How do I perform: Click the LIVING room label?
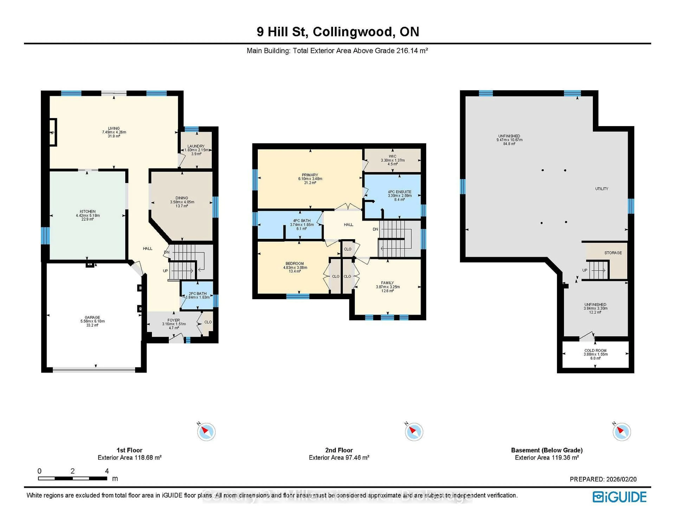click(x=114, y=128)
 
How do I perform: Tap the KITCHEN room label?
click(x=88, y=211)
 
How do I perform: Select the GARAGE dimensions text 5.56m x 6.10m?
click(x=92, y=321)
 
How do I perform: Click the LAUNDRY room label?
click(x=196, y=146)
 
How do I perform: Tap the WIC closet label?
click(x=393, y=156)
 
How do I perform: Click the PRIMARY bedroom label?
click(x=310, y=175)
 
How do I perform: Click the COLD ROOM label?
click(x=595, y=351)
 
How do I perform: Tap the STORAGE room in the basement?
click(x=613, y=253)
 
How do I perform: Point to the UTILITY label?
click(x=602, y=189)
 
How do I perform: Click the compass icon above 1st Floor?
click(x=206, y=431)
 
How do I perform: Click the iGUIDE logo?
click(x=620, y=497)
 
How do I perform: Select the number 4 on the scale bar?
click(x=107, y=471)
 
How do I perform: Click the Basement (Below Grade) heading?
click(x=547, y=450)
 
